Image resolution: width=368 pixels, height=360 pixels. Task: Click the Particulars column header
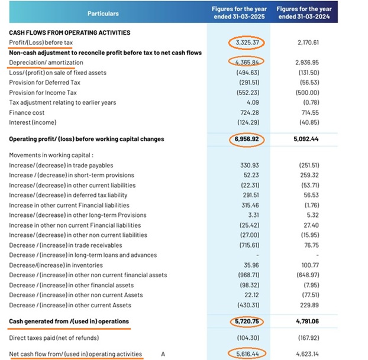click(x=103, y=13)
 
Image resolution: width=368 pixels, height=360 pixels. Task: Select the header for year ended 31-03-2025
click(x=245, y=13)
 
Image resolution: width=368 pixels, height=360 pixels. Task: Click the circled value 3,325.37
click(x=246, y=43)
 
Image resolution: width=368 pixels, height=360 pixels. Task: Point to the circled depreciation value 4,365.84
click(x=246, y=62)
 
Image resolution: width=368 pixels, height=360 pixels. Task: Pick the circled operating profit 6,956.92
click(x=246, y=140)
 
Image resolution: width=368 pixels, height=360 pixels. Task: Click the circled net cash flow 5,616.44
click(x=246, y=354)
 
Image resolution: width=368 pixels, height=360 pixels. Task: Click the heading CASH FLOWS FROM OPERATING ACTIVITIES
click(x=70, y=33)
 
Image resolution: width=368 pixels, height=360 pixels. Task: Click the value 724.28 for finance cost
click(x=251, y=112)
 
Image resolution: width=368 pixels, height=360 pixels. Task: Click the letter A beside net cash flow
click(x=163, y=355)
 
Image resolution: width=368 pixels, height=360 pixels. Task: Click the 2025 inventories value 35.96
click(x=253, y=265)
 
